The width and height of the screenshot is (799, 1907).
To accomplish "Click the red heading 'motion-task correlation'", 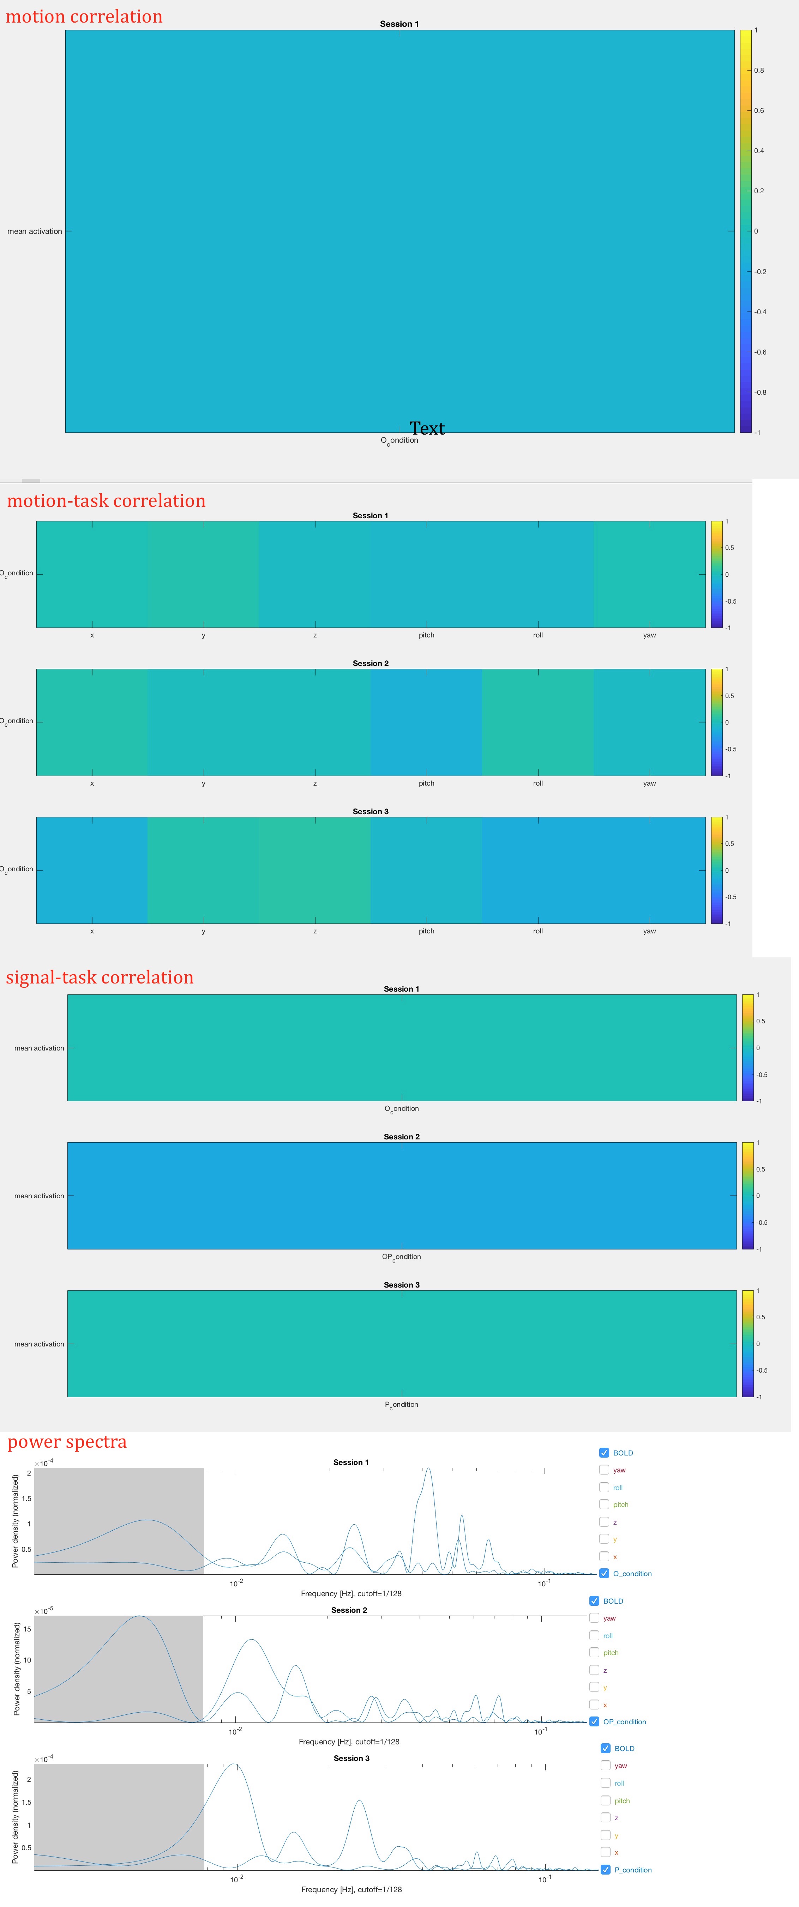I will pyautogui.click(x=106, y=501).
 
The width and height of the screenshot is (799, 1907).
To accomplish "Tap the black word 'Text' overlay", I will pyautogui.click(x=427, y=429).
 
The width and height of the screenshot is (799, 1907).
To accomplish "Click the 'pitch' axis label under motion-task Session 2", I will pyautogui.click(x=427, y=783).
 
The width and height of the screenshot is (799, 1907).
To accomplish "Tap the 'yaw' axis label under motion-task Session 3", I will pyautogui.click(x=649, y=931).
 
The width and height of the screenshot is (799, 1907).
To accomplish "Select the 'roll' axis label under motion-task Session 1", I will pyautogui.click(x=537, y=635).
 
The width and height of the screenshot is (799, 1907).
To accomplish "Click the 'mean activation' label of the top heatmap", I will pyautogui.click(x=35, y=232).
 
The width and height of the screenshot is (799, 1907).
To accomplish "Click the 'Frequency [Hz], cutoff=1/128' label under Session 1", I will pyautogui.click(x=351, y=1593).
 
